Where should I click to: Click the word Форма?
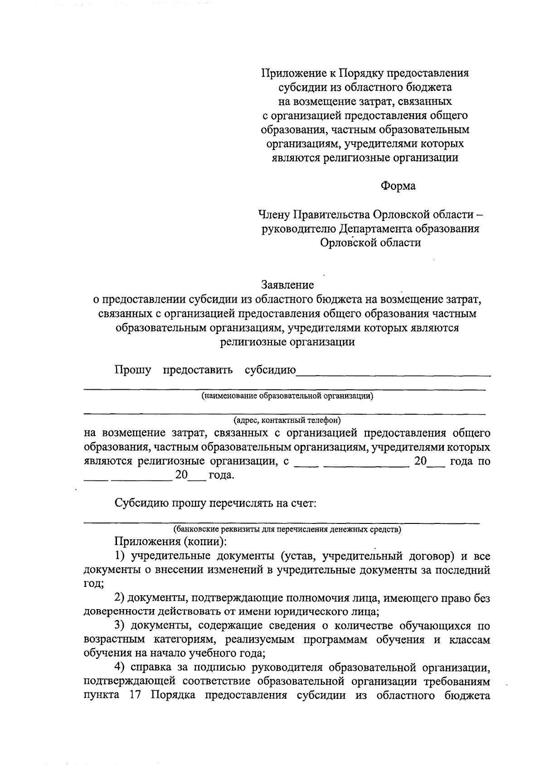click(398, 186)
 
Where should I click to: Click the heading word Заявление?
click(287, 285)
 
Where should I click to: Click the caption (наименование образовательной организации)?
click(287, 396)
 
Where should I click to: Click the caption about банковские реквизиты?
click(287, 529)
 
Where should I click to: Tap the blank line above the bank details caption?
click(281, 523)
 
